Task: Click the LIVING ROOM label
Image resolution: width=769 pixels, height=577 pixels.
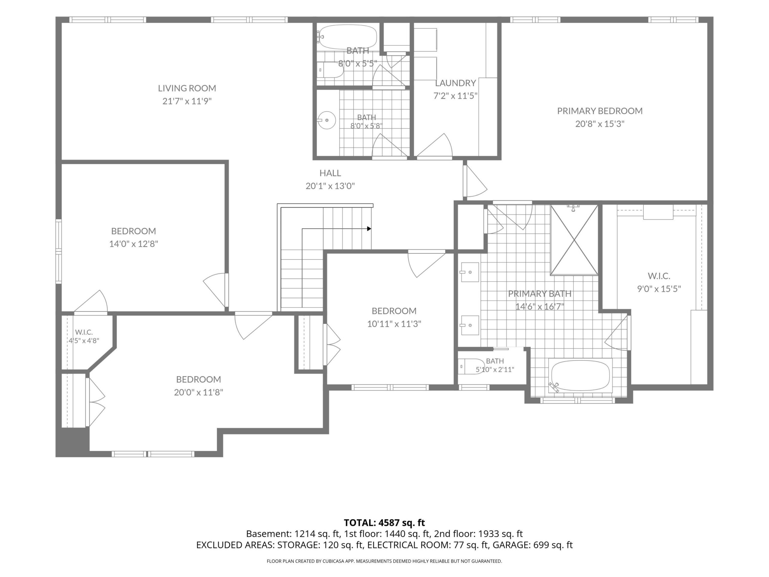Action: coord(187,88)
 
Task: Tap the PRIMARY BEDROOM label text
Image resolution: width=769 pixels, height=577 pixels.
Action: coord(600,111)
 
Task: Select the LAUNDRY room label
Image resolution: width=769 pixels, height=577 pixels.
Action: coord(455,83)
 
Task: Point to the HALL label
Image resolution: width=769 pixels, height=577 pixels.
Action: coord(330,173)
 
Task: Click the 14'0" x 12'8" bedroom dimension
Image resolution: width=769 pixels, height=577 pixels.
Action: coord(133,244)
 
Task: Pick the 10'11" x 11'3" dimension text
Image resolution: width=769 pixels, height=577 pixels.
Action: coord(394,324)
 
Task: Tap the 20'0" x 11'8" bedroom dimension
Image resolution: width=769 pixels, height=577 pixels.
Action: coord(199,392)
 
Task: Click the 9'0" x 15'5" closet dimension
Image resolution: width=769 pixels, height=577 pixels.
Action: coord(659,289)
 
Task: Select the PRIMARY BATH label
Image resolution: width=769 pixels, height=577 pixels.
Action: coord(540,294)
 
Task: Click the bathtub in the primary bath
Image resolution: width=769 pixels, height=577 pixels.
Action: coord(580,376)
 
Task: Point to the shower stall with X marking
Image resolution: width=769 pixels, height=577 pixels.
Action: coord(574,240)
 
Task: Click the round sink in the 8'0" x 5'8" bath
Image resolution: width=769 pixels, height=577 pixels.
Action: coord(327,120)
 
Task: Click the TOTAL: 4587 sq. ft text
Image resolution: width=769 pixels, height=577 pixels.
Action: coord(384,523)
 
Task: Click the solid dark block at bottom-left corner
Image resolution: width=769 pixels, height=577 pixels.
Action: coord(72,442)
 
